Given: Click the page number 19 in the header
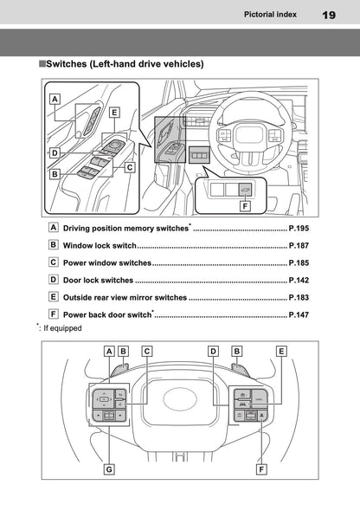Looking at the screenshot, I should [329, 15].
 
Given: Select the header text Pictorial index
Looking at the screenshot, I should [272, 15].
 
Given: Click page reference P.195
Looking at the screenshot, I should [299, 228].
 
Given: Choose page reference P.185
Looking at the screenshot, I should [299, 262].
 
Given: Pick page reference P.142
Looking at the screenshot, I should [299, 281].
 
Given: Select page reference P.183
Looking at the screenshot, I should [299, 298].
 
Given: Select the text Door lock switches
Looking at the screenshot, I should [98, 281].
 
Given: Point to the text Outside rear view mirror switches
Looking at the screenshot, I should [125, 298].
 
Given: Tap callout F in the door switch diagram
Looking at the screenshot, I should [245, 207].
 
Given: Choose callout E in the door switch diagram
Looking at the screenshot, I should [114, 112].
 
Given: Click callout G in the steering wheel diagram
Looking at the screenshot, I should [109, 469].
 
